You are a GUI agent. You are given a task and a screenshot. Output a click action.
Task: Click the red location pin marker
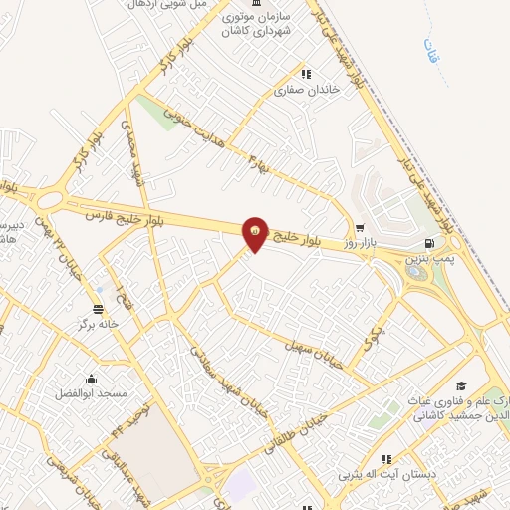pyautogui.click(x=256, y=234)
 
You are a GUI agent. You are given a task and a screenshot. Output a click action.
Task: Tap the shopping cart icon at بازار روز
pyautogui.click(x=360, y=226)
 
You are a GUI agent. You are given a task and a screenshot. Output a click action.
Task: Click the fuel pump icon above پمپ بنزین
pyautogui.click(x=429, y=242)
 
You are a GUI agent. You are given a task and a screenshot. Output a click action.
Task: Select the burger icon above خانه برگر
pyautogui.click(x=98, y=308)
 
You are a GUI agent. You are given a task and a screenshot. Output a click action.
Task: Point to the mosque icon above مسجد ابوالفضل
pyautogui.click(x=93, y=378)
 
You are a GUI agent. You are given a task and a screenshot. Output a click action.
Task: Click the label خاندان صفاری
pyautogui.click(x=307, y=90)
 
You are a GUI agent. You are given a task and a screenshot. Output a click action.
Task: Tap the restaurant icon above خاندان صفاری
pyautogui.click(x=307, y=74)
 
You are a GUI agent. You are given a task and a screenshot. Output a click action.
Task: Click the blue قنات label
pyautogui.click(x=429, y=47)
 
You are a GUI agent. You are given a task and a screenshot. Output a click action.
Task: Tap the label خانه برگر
pyautogui.click(x=99, y=324)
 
